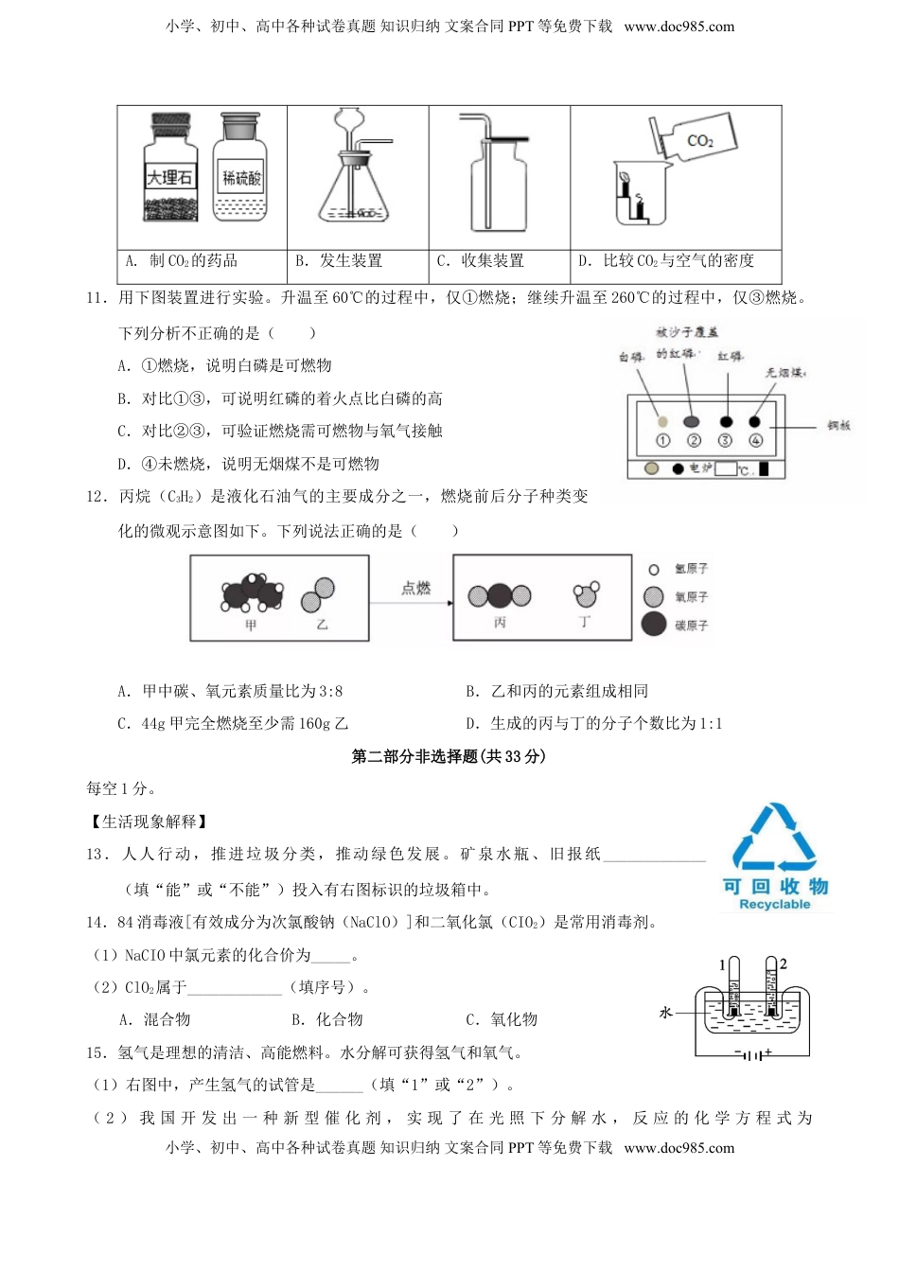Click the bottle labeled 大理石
click(x=170, y=171)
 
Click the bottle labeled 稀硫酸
click(x=239, y=170)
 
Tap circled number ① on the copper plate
click(x=662, y=441)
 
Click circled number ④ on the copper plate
click(x=755, y=441)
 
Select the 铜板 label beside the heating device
click(x=838, y=426)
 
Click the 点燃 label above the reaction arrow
click(x=415, y=589)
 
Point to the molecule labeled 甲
click(x=251, y=592)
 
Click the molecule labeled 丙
click(x=500, y=595)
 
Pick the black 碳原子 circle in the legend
click(x=653, y=625)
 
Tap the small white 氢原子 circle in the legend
click(x=653, y=570)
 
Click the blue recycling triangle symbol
click(x=774, y=839)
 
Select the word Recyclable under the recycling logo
click(x=774, y=904)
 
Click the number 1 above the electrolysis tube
click(x=722, y=965)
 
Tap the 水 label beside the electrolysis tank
click(x=665, y=1013)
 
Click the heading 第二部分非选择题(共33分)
click(x=449, y=756)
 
